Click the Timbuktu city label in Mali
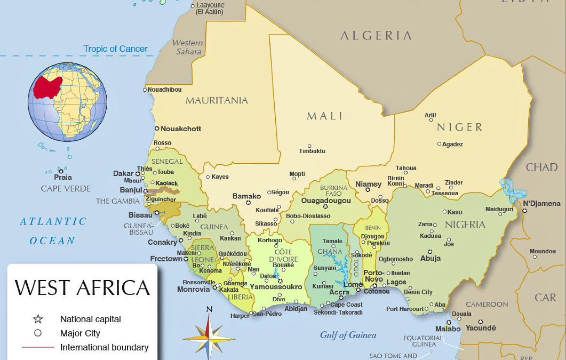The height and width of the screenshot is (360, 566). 312,151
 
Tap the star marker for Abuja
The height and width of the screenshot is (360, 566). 429,252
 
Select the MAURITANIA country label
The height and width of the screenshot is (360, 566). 217,100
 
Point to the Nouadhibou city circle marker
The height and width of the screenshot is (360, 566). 145,90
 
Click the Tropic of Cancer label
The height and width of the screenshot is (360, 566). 115,49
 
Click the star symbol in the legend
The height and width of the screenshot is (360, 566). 38,319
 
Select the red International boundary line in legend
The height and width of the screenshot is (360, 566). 38,347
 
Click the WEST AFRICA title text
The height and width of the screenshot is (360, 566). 82,287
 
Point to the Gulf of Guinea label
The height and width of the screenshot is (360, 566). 348,335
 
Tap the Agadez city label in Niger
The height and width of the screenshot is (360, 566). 452,144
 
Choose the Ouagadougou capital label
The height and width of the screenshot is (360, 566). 326,201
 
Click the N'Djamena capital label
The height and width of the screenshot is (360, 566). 541,203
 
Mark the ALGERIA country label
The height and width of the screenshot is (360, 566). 376,36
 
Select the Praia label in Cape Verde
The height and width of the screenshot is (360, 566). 63,178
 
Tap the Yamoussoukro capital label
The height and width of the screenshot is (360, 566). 276,287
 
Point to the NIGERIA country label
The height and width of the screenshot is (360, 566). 465,225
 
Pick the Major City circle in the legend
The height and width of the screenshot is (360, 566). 38,333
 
